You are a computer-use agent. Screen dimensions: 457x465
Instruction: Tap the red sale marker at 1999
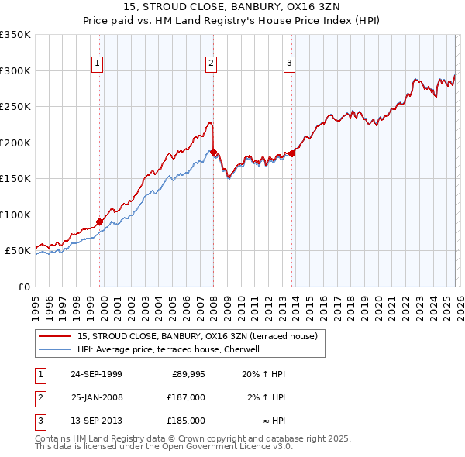coord(100,222)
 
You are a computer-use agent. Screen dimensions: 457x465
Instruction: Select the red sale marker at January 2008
coord(214,153)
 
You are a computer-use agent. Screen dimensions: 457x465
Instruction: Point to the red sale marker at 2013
coord(292,153)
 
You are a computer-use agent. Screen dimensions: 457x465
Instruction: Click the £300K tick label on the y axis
coord(15,70)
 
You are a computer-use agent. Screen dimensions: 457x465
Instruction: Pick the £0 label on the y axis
coord(23,287)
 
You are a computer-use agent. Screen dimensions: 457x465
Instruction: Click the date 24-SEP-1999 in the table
coord(96,374)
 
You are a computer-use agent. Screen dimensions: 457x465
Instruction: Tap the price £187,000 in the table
coord(187,397)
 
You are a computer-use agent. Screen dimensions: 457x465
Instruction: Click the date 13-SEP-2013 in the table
coord(96,421)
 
